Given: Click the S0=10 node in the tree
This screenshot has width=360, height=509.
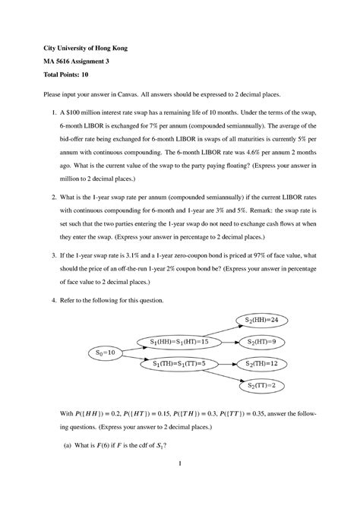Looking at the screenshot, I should (105, 353).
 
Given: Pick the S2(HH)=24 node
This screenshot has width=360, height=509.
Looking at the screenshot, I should (262, 319).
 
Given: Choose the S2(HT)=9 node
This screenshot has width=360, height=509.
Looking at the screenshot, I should (262, 341).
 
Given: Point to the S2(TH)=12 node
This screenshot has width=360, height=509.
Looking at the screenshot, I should (262, 363).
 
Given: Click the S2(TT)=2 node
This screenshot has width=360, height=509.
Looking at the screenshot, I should (262, 385).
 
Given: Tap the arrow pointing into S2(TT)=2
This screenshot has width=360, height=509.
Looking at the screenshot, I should (226, 375).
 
